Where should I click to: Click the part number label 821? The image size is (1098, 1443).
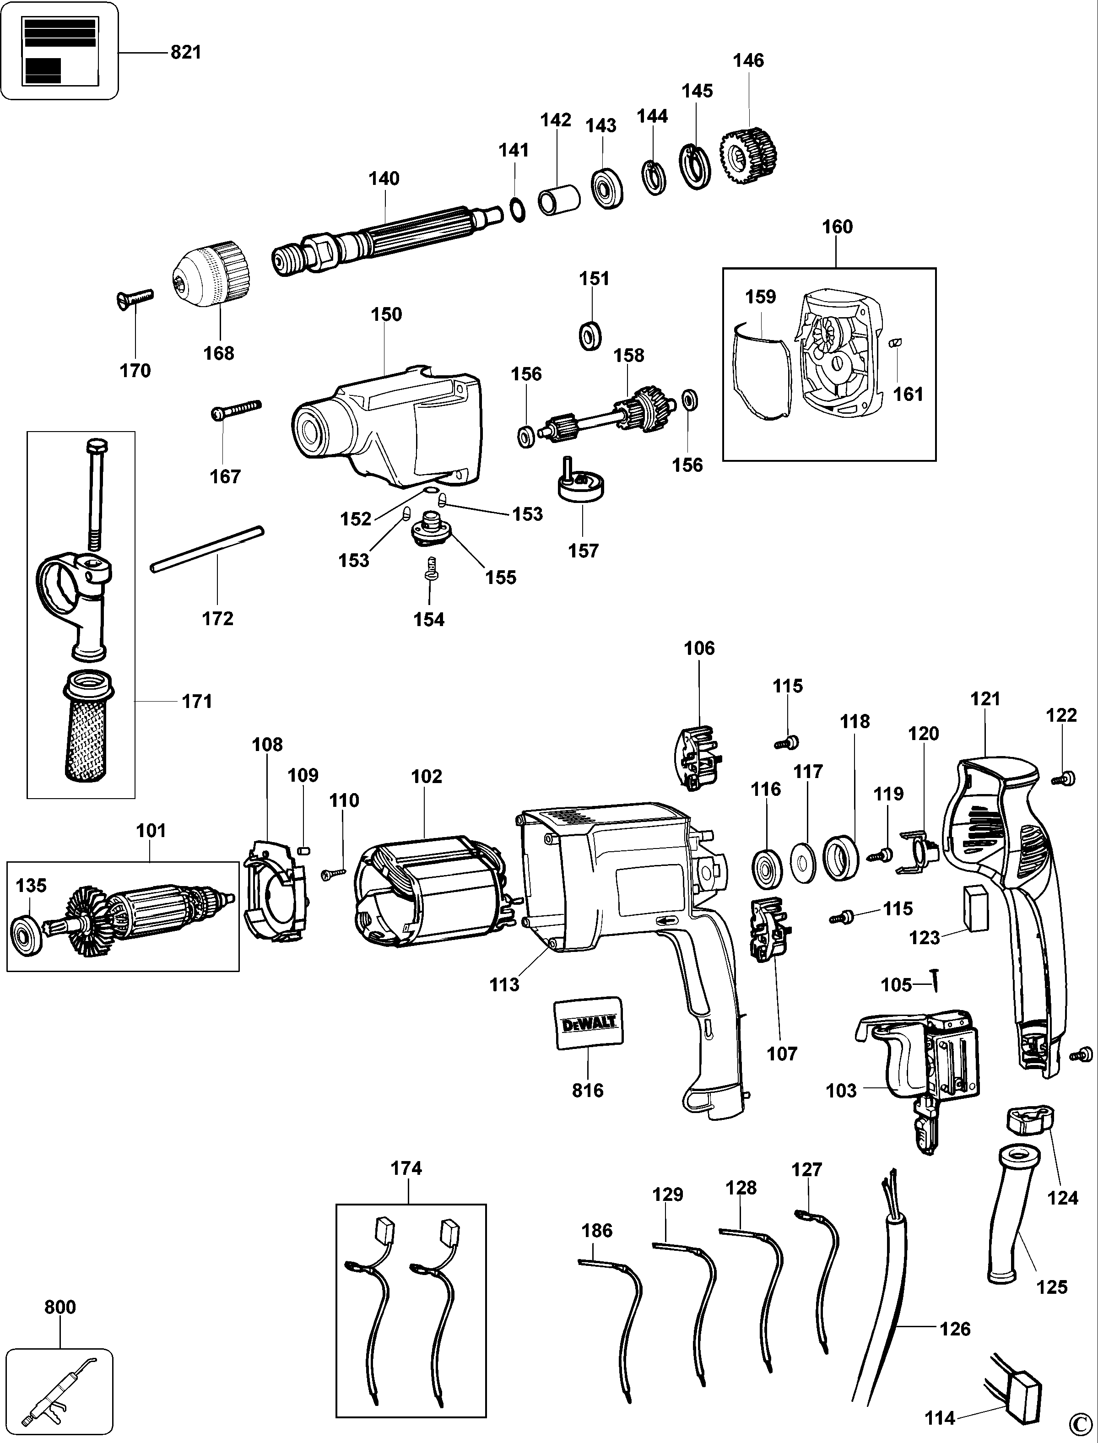tap(186, 52)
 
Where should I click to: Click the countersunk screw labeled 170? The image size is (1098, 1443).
tap(135, 299)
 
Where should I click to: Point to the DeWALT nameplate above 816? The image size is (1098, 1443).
tap(588, 1023)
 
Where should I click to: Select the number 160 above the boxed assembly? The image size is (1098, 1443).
tap(837, 227)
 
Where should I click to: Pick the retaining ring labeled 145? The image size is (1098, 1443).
tap(697, 167)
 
